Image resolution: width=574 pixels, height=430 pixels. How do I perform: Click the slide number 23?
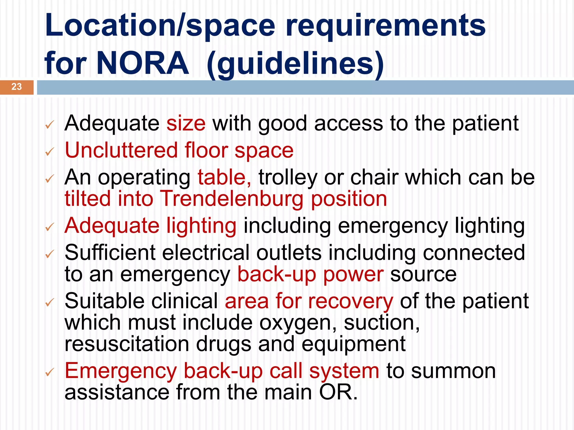click(17, 87)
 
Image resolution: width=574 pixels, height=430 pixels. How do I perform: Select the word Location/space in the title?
click(160, 26)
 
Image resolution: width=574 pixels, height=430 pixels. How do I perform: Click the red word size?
click(186, 123)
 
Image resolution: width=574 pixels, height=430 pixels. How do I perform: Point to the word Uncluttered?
click(121, 150)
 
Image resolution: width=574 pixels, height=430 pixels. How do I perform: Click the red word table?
click(224, 177)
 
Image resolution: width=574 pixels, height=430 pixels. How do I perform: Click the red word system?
click(344, 371)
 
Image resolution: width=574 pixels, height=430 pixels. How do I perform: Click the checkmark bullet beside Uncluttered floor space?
click(49, 152)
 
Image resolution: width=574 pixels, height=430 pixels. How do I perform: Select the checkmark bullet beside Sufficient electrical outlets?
click(49, 254)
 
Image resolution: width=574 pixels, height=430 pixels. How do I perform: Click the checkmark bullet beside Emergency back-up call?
click(49, 373)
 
